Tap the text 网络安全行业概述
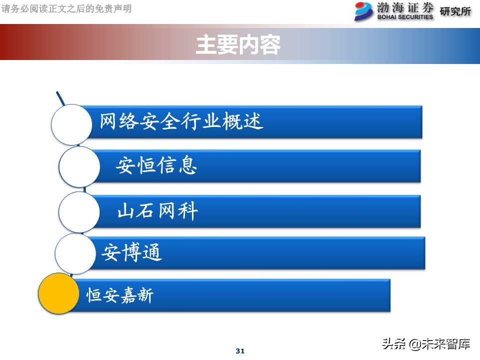click(x=181, y=121)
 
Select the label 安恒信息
click(x=156, y=165)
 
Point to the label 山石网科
click(x=157, y=211)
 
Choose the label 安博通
click(x=132, y=253)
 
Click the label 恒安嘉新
click(x=120, y=295)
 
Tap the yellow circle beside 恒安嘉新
click(x=59, y=294)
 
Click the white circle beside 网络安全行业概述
click(x=72, y=124)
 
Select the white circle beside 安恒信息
click(x=79, y=167)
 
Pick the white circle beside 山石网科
click(x=79, y=212)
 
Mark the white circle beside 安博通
click(x=75, y=253)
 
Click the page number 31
click(x=240, y=351)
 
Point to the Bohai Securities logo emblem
click(x=364, y=11)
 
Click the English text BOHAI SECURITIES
click(x=405, y=17)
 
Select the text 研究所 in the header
click(x=455, y=11)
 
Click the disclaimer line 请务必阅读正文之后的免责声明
click(x=67, y=9)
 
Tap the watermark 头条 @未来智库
click(x=426, y=344)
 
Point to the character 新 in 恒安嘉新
click(x=145, y=295)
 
